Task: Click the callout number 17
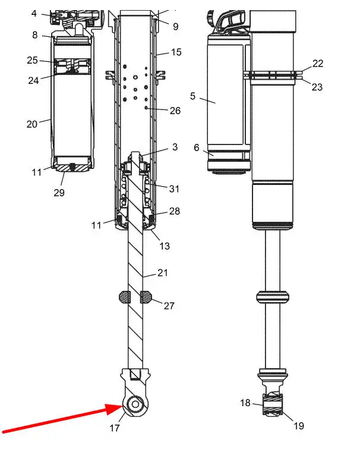click(x=115, y=428)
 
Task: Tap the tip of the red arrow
click(x=123, y=406)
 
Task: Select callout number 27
click(x=169, y=306)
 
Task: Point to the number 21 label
click(x=162, y=272)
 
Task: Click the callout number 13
click(x=165, y=246)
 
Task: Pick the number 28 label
click(x=175, y=211)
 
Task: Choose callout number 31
click(x=174, y=189)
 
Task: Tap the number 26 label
click(x=175, y=111)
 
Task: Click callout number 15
click(x=176, y=52)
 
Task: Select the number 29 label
click(x=59, y=193)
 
